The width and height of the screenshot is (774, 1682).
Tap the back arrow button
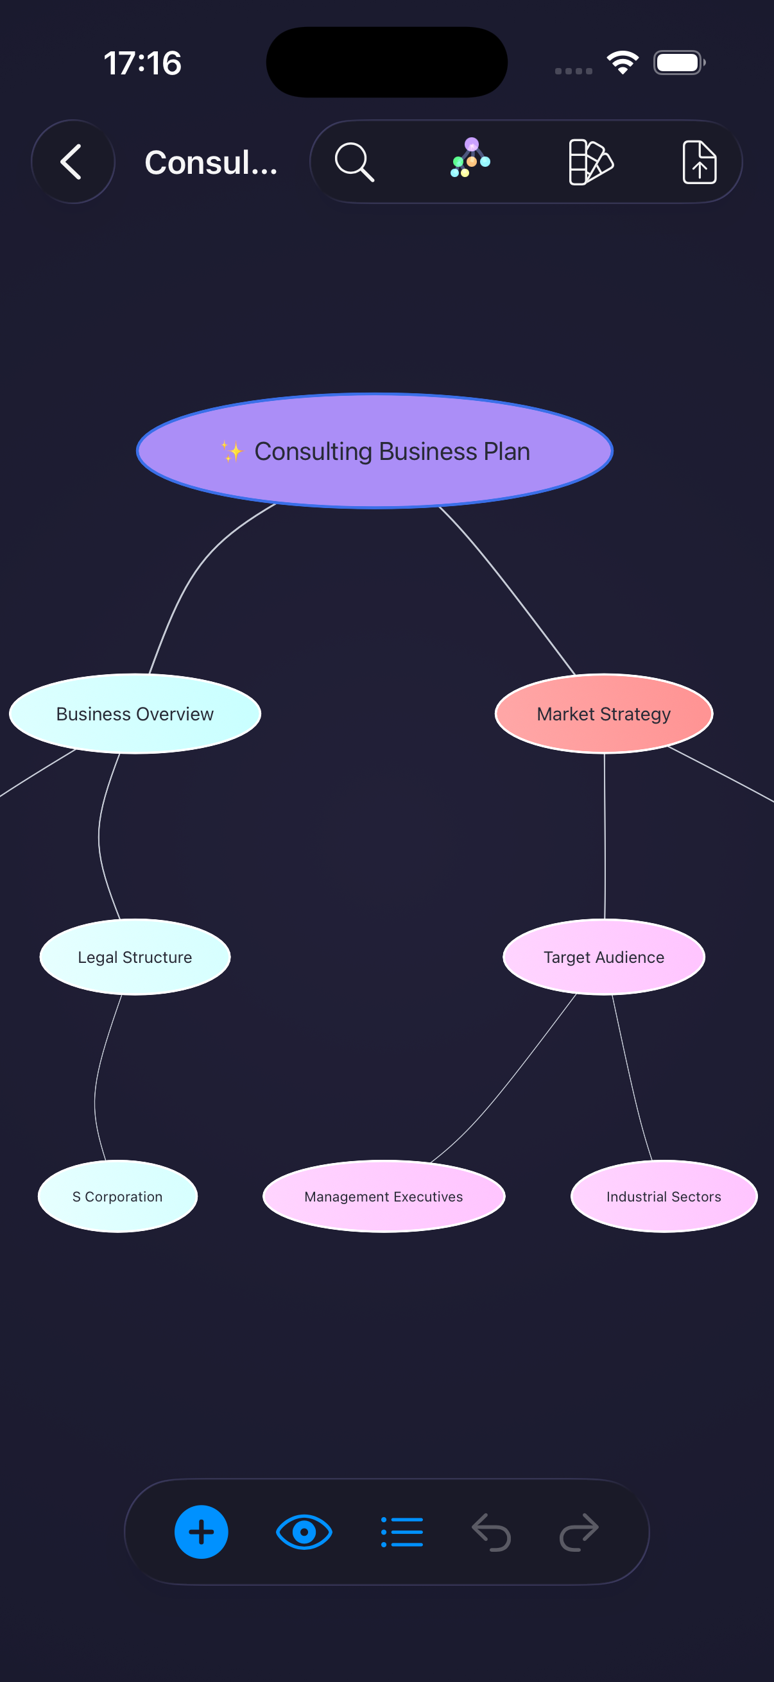point(73,161)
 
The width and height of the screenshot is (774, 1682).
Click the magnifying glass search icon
point(354,161)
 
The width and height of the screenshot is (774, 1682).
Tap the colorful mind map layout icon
point(470,158)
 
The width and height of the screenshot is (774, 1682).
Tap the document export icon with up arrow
point(699,161)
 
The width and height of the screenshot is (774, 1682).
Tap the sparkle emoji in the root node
point(232,451)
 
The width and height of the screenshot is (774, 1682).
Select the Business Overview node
point(135,714)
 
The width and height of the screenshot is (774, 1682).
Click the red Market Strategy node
point(603,714)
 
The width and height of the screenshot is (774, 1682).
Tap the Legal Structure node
point(135,957)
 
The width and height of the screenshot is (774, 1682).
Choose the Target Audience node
point(603,957)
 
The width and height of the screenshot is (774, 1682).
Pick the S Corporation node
point(117,1196)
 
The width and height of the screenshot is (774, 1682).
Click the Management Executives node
point(383,1196)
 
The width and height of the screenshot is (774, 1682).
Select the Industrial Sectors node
point(663,1196)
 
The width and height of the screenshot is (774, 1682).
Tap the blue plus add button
point(201,1532)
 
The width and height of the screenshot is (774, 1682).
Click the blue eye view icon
point(304,1532)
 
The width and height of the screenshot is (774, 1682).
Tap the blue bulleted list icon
point(402,1532)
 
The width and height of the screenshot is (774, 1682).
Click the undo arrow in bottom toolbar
point(491,1532)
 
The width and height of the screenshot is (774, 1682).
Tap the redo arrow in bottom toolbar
point(579,1532)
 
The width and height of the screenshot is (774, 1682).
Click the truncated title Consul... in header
point(211,162)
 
